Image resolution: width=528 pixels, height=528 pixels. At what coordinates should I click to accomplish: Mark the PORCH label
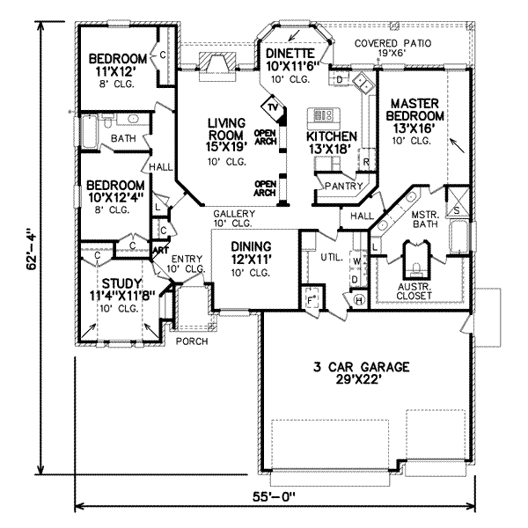(191, 341)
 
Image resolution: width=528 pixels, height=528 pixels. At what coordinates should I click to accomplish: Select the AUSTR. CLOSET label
(413, 290)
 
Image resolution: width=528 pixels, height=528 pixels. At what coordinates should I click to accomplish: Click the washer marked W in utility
(355, 261)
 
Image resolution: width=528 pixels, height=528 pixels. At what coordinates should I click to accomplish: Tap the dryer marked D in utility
(355, 279)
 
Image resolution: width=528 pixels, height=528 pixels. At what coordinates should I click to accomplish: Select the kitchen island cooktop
(320, 114)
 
